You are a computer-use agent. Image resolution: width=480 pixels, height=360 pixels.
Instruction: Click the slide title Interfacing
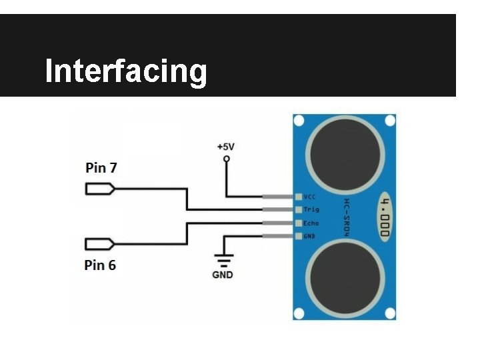click(126, 71)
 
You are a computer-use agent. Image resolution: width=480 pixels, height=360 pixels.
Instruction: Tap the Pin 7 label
click(101, 168)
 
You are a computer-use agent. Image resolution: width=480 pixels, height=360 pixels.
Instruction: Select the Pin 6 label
click(100, 265)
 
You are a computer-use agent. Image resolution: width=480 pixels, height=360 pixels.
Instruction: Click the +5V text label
click(226, 146)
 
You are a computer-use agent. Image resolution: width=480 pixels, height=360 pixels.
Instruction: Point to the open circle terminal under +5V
click(226, 159)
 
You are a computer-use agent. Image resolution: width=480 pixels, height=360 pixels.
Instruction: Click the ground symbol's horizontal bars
click(222, 259)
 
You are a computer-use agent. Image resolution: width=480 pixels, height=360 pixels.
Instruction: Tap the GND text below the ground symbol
click(222, 274)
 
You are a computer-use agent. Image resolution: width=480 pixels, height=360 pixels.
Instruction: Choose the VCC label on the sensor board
click(310, 197)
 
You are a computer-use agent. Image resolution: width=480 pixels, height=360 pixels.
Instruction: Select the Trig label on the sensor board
click(311, 210)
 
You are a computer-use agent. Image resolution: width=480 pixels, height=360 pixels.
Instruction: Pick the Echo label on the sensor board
click(311, 223)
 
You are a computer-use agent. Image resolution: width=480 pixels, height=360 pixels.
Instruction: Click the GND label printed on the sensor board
click(310, 236)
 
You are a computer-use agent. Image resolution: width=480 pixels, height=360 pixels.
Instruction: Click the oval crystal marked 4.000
click(385, 217)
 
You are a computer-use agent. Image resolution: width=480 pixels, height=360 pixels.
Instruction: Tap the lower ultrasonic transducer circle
click(345, 277)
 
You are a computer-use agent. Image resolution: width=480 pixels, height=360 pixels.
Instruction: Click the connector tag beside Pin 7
click(100, 189)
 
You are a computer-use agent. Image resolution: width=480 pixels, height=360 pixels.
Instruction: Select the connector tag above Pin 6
click(100, 243)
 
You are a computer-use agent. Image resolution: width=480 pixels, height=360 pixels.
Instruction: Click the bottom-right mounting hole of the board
click(390, 313)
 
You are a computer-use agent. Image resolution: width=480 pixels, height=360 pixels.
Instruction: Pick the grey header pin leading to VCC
click(278, 197)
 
